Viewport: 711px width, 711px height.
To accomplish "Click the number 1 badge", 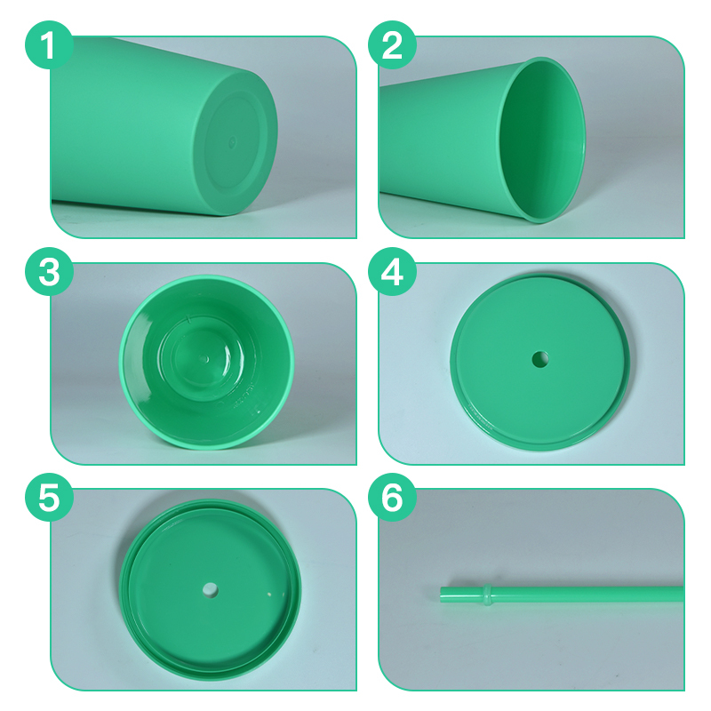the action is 49,45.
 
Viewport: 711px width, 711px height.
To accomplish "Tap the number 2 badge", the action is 392,45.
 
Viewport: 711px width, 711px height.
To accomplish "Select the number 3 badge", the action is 49,272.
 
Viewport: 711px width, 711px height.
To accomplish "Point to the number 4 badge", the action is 392,272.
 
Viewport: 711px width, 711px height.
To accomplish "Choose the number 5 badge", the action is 49,498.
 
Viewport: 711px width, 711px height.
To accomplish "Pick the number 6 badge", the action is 392,498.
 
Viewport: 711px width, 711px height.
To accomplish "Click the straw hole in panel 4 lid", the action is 540,360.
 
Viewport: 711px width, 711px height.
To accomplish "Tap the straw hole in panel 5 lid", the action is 211,590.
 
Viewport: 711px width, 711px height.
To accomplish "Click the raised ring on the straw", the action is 487,595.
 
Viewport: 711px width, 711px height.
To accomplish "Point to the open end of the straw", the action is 442,595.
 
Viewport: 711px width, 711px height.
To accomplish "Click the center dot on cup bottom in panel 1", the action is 232,142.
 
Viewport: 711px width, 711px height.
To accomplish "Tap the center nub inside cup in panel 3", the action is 205,359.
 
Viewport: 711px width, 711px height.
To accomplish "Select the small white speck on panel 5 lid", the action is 269,595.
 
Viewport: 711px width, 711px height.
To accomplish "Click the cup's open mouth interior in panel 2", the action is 542,140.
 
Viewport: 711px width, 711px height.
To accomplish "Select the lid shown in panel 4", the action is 540,361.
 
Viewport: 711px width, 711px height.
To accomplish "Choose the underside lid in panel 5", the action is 211,589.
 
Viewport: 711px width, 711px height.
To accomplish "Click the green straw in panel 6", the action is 562,595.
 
